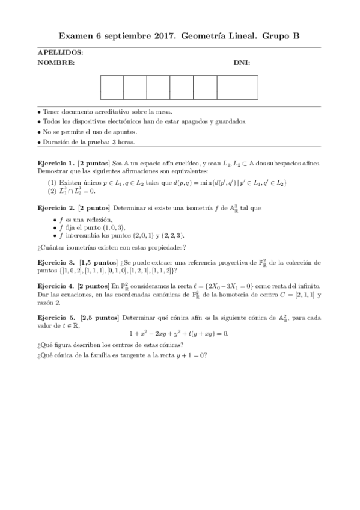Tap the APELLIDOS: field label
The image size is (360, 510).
[60, 53]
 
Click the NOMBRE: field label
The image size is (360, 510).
[56, 63]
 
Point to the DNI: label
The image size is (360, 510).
[242, 63]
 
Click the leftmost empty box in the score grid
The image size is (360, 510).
[112, 87]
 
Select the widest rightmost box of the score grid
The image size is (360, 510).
[237, 87]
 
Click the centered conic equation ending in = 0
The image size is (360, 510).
[179, 334]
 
